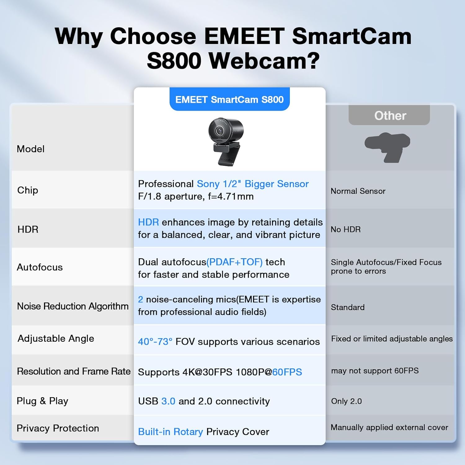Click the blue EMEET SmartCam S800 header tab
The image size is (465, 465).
click(x=229, y=100)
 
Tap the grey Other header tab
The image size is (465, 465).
click(x=389, y=115)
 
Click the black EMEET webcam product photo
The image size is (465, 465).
click(x=226, y=141)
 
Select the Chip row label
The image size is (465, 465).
click(x=28, y=190)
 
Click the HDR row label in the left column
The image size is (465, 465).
click(x=28, y=229)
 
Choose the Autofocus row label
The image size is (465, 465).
click(x=40, y=267)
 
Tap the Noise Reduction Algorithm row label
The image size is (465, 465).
click(x=73, y=306)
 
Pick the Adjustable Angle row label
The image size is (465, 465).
click(x=56, y=339)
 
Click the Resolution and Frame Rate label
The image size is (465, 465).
click(x=74, y=371)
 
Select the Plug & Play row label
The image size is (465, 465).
click(x=42, y=401)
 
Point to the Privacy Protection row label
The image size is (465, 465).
click(x=58, y=428)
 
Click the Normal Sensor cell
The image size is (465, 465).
click(x=358, y=191)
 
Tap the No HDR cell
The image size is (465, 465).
click(x=346, y=229)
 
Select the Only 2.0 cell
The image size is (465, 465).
click(x=346, y=401)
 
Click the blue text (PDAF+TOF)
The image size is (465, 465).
click(x=235, y=262)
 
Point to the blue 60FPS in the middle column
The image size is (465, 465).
click(x=287, y=372)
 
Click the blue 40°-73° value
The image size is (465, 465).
click(x=155, y=342)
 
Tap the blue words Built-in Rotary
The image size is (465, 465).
click(x=170, y=432)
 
